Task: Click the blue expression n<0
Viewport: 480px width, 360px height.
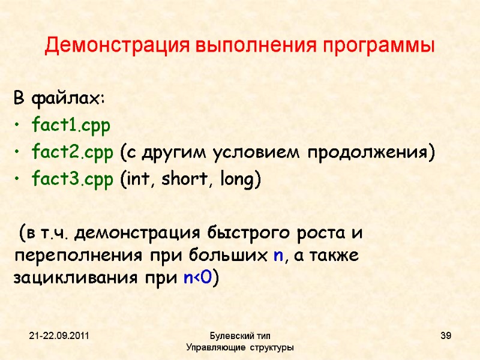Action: [x=197, y=278]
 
